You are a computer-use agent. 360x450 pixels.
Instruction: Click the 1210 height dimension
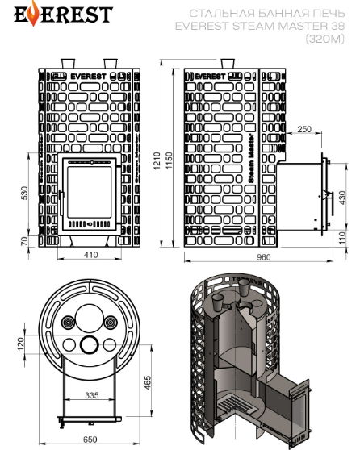[157, 160]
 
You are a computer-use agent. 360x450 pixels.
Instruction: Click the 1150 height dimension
[169, 160]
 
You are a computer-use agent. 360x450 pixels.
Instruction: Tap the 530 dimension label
[25, 193]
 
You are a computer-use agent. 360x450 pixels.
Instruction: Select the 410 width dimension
[90, 255]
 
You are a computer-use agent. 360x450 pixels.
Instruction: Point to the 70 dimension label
[25, 241]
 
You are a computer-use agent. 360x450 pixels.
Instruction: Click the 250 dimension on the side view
[304, 129]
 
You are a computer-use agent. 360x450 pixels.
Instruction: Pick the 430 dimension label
[342, 198]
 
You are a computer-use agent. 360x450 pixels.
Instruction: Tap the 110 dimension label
[342, 238]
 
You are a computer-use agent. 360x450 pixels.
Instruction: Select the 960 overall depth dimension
[263, 257]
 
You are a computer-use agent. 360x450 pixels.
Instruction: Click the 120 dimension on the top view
[21, 344]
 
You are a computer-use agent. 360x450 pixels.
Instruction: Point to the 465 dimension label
[148, 382]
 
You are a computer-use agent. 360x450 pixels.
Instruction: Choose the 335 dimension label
[92, 395]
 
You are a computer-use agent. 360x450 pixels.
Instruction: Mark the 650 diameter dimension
[90, 440]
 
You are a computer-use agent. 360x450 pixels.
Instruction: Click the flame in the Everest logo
[34, 13]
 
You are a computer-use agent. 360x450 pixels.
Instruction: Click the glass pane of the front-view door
[89, 192]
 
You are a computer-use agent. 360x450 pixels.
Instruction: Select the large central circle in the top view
[88, 318]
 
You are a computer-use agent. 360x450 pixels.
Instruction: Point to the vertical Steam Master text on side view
[251, 158]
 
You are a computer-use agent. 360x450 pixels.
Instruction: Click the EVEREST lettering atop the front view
[89, 77]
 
